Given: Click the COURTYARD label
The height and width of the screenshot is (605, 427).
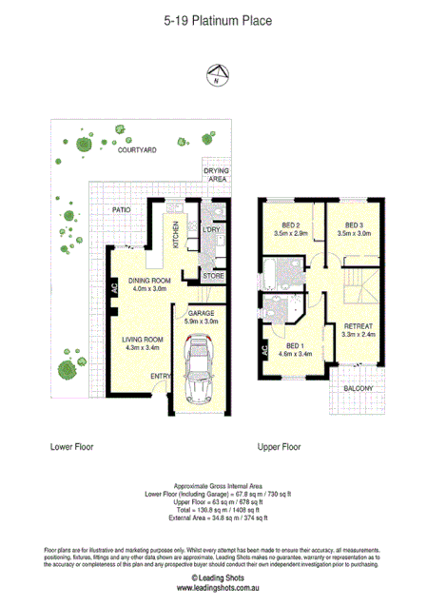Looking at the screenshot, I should tap(137, 150).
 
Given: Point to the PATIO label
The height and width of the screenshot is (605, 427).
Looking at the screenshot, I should tap(121, 207).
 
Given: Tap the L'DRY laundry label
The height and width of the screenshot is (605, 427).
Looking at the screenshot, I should tap(211, 231).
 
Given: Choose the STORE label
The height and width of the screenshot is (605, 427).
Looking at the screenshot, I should tap(212, 276).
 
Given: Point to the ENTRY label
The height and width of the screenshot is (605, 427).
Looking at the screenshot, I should tap(158, 377).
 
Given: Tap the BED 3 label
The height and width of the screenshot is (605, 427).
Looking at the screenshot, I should tap(343, 224).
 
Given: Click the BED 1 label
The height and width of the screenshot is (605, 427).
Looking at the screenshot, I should tap(295, 345).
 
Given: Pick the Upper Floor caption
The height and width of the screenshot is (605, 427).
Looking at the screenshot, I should tap(279, 445).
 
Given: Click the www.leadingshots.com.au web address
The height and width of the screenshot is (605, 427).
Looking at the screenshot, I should tap(212, 590).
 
